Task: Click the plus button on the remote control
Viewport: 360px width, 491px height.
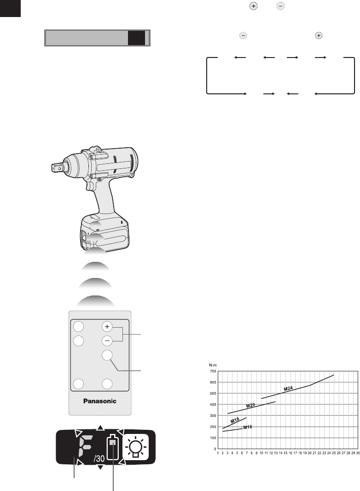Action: click(107, 327)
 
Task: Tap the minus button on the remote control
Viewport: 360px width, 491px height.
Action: click(107, 341)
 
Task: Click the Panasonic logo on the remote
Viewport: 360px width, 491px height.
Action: click(99, 401)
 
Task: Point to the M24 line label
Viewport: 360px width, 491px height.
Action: click(288, 388)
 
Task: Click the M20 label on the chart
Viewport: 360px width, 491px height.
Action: click(250, 405)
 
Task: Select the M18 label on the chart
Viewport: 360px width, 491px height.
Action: click(235, 421)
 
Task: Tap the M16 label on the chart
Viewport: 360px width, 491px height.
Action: click(248, 427)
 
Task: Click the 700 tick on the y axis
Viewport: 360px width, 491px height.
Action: click(213, 371)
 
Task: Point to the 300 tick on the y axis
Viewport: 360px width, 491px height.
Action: click(213, 416)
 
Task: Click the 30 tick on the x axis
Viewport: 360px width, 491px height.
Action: click(358, 453)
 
